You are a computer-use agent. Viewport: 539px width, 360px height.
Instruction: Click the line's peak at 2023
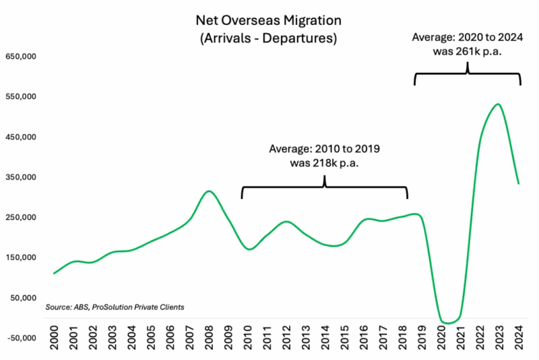[x=497, y=104]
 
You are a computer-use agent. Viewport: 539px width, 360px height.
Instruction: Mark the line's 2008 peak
[x=209, y=191]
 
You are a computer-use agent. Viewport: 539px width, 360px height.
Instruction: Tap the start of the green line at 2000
[x=54, y=273]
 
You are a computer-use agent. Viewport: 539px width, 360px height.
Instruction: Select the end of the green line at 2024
[x=518, y=183]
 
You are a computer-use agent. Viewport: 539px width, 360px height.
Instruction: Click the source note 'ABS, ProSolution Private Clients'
[x=115, y=307]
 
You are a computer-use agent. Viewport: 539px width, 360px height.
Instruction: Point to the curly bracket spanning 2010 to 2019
[x=325, y=187]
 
